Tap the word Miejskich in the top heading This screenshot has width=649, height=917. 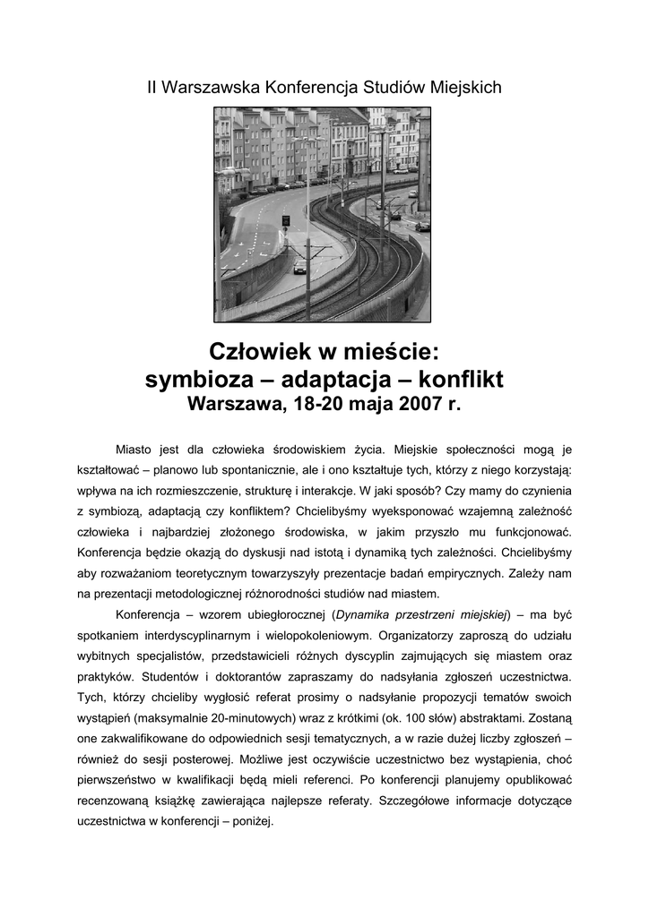(x=463, y=88)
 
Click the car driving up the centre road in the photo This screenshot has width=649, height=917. (x=299, y=266)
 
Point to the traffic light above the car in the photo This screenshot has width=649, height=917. (x=286, y=219)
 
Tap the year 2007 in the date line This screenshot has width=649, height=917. (x=414, y=404)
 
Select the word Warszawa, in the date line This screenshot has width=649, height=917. (x=234, y=404)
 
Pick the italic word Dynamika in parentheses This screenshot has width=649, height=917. (x=361, y=614)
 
